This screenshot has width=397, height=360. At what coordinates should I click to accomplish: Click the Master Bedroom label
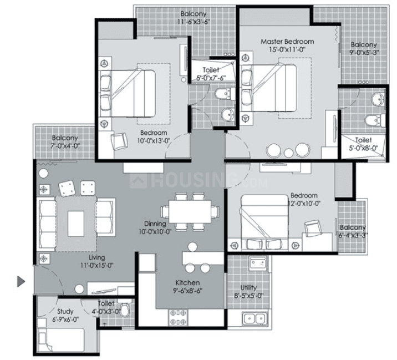point(287,42)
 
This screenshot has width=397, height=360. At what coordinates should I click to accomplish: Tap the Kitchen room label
point(187,283)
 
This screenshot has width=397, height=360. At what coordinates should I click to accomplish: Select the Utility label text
point(248,288)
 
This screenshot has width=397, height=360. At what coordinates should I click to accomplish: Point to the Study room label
point(65,312)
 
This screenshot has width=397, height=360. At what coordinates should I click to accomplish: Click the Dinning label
point(155,224)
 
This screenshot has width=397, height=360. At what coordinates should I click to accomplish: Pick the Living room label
point(96,257)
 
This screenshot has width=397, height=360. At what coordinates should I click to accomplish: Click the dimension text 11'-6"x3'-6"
point(194,22)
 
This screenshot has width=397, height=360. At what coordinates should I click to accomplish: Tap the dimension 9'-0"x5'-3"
point(364,53)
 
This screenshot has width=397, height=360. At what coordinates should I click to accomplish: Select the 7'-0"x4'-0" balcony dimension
point(65,146)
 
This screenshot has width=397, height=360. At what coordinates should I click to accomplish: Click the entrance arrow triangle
point(21,281)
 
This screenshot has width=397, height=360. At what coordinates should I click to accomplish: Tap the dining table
point(190,212)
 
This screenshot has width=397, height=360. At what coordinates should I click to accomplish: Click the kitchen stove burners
point(179,317)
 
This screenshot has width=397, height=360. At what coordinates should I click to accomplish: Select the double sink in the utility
point(255,318)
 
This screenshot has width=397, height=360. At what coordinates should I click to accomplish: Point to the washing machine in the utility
point(258,263)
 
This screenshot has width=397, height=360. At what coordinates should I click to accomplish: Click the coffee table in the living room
point(76,224)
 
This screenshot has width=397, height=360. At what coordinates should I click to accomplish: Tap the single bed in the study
point(61,340)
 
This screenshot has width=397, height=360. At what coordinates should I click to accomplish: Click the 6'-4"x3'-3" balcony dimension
point(353,236)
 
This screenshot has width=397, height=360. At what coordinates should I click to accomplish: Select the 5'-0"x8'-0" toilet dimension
point(364,148)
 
